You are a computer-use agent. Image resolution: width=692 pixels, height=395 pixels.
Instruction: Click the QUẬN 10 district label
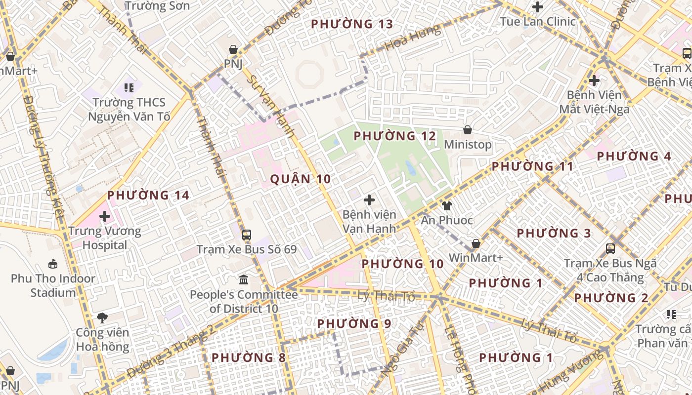pyautogui.click(x=301, y=179)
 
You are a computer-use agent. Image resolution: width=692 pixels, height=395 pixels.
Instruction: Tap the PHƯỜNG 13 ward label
pyautogui.click(x=352, y=24)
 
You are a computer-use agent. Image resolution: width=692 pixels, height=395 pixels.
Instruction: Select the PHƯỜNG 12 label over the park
pyautogui.click(x=395, y=136)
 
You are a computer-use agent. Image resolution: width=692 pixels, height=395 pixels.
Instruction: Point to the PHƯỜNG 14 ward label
pyautogui.click(x=148, y=196)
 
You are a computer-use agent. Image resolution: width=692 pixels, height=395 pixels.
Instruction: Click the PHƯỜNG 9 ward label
pyautogui.click(x=354, y=324)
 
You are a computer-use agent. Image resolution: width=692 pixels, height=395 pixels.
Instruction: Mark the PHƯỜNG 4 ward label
pyautogui.click(x=634, y=157)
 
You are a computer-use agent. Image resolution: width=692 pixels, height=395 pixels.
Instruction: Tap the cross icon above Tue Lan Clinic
pyautogui.click(x=538, y=7)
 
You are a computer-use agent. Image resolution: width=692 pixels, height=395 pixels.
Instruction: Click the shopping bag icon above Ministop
pyautogui.click(x=467, y=130)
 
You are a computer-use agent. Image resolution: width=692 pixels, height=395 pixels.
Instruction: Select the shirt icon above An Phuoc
pyautogui.click(x=447, y=205)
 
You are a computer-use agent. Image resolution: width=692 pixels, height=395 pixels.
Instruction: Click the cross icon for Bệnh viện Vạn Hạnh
pyautogui.click(x=369, y=200)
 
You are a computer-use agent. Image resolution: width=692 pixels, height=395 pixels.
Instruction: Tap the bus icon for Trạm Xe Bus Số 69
pyautogui.click(x=246, y=235)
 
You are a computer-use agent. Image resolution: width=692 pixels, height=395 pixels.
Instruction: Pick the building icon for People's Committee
pyautogui.click(x=244, y=280)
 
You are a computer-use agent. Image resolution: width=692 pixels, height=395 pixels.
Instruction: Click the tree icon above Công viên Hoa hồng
pyautogui.click(x=102, y=317)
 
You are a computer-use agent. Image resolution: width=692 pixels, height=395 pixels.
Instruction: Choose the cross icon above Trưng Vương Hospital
pyautogui.click(x=105, y=216)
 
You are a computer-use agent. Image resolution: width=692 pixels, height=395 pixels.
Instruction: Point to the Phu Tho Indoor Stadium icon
pyautogui.click(x=53, y=264)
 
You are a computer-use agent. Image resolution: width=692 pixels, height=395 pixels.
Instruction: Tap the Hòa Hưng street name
pyautogui.click(x=412, y=38)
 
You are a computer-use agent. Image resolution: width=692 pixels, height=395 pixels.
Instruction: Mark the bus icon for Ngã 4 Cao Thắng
pyautogui.click(x=610, y=249)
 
